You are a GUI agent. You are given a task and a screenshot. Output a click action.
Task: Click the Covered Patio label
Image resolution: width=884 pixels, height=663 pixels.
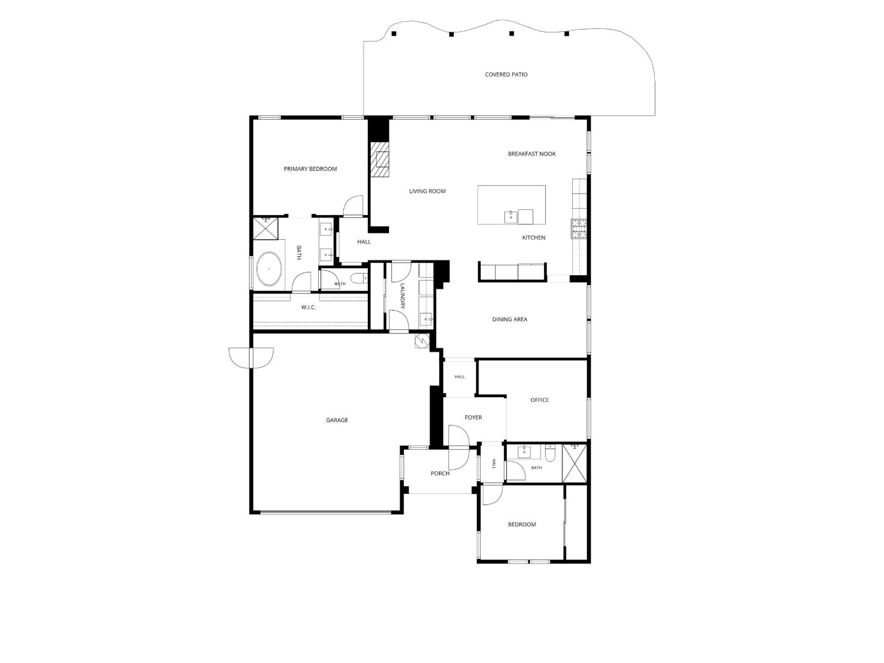(x=506, y=74)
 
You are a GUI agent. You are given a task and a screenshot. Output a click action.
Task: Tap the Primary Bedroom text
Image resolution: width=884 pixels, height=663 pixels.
(x=310, y=169)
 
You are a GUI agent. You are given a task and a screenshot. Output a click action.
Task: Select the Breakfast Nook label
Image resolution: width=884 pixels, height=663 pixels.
(x=532, y=154)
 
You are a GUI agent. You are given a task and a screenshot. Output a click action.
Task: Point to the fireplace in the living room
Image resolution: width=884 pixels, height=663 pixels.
(x=380, y=159)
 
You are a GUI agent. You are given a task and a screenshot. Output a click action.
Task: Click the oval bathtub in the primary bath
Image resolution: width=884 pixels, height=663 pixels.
(x=269, y=269)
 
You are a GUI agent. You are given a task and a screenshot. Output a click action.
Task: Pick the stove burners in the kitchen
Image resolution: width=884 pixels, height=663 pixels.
(x=579, y=229)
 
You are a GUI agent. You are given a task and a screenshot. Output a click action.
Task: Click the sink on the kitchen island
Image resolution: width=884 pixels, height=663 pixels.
(x=511, y=217)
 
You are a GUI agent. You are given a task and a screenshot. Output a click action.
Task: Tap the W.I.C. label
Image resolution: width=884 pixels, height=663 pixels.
(x=308, y=308)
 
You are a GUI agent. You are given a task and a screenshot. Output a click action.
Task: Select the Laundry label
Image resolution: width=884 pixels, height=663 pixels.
(x=402, y=296)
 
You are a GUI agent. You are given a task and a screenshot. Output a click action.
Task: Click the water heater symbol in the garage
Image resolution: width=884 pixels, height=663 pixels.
(x=423, y=341)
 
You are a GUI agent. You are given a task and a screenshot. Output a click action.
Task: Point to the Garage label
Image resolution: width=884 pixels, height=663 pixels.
(x=337, y=420)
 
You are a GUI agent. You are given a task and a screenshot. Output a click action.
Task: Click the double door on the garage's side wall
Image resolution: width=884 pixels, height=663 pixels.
(x=251, y=358)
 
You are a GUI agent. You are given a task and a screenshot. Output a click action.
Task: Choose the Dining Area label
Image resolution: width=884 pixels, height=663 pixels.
(x=509, y=319)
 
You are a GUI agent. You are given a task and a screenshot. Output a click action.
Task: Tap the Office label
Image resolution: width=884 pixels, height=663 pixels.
(x=539, y=400)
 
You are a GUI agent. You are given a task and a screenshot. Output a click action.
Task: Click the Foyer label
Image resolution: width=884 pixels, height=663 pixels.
(x=473, y=418)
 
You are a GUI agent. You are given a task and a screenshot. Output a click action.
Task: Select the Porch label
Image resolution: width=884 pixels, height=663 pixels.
(x=440, y=474)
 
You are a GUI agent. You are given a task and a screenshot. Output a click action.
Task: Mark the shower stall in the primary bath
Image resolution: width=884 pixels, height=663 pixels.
(x=266, y=228)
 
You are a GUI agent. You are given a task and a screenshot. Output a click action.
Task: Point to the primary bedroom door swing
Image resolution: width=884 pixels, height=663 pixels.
(x=353, y=206)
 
